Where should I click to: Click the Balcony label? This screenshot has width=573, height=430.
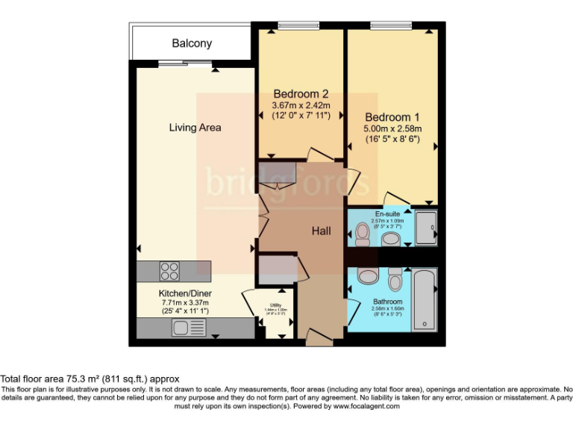192,44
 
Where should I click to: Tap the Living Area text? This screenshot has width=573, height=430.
195,128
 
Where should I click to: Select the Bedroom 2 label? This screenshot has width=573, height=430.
301,94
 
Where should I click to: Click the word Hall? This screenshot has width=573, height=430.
322,231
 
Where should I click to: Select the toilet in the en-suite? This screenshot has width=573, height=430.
363,234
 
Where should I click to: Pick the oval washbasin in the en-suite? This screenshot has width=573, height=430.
391,240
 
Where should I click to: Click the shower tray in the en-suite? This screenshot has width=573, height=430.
426,228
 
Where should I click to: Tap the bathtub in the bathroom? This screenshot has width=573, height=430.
425,299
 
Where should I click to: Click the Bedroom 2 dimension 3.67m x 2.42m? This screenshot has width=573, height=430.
301,105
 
